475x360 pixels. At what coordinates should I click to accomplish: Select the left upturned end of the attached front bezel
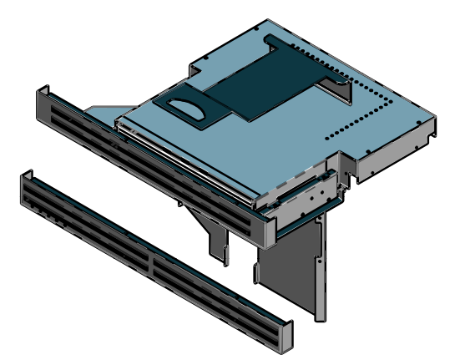tap(43, 102)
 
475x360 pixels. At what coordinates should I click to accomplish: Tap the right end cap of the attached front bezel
tap(267, 231)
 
